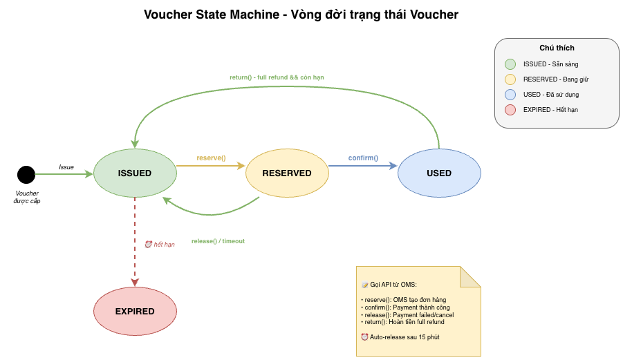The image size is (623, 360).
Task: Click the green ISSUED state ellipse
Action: click(x=135, y=173)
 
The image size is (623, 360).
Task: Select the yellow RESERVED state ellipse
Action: click(x=287, y=173)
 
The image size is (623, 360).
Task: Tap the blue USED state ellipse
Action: click(x=439, y=173)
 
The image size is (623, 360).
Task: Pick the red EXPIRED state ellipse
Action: click(x=135, y=311)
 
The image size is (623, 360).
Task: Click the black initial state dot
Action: click(x=26, y=175)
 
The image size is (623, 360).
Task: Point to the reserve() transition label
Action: click(x=211, y=158)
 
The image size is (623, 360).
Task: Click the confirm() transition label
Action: click(x=363, y=158)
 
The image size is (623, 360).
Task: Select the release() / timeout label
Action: click(x=218, y=241)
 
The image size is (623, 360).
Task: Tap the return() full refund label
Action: click(x=277, y=77)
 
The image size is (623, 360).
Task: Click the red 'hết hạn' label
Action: click(x=164, y=245)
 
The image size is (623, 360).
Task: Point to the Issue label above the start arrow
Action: click(x=66, y=167)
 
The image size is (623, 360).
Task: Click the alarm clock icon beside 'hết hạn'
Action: click(x=148, y=244)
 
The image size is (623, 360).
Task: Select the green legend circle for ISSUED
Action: click(x=510, y=64)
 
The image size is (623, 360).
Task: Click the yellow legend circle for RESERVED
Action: click(x=510, y=79)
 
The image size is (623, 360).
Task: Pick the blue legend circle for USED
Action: click(x=510, y=95)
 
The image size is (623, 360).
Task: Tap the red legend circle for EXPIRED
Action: click(x=510, y=110)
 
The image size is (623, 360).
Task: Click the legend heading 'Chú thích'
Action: click(x=557, y=48)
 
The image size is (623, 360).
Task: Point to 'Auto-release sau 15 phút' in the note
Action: click(x=405, y=337)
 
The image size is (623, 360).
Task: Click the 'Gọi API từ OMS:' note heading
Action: click(x=393, y=285)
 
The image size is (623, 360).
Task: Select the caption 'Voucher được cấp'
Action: click(x=27, y=197)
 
